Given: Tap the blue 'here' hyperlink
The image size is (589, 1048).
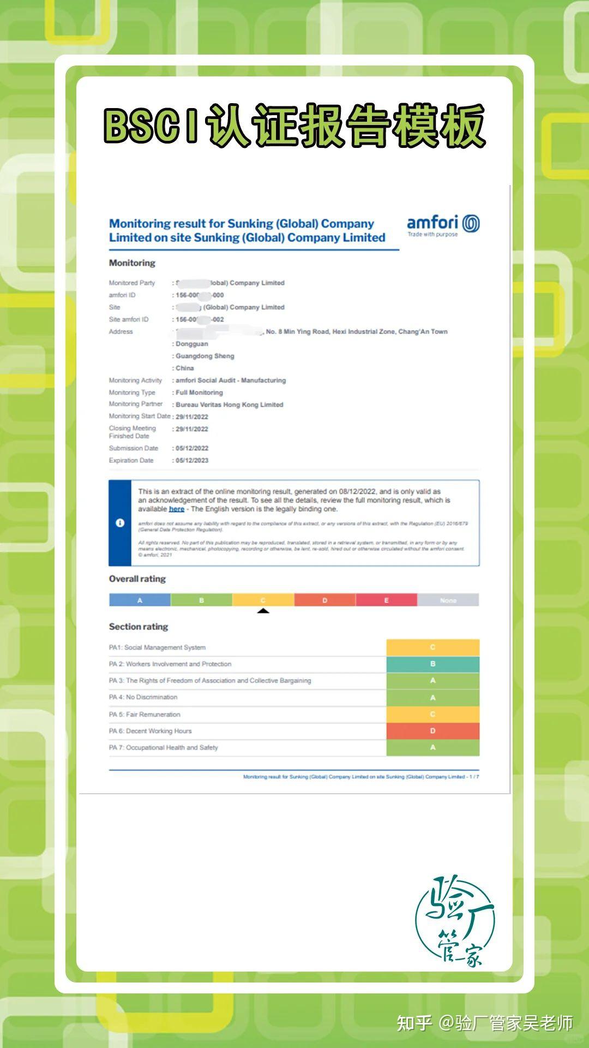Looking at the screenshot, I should [x=176, y=509].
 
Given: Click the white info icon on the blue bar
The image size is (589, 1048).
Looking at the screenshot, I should [x=120, y=523].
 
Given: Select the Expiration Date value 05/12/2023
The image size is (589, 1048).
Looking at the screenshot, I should [x=192, y=460].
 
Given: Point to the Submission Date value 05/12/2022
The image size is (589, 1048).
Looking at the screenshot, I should [x=192, y=448].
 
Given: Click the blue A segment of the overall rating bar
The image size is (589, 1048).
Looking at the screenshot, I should [x=140, y=600].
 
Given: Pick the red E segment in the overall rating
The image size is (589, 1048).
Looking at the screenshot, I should [x=386, y=600].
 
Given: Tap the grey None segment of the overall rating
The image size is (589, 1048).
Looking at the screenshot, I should [x=448, y=600].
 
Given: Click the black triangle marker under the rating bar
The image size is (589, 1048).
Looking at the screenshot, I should [x=263, y=611].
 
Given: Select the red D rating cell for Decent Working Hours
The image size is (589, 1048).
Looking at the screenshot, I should [x=432, y=731].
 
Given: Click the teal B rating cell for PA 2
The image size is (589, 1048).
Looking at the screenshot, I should [x=432, y=664].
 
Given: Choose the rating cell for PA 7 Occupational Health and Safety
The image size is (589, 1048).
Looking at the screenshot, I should [x=432, y=748].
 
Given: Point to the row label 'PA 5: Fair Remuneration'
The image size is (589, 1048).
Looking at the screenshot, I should [x=145, y=714].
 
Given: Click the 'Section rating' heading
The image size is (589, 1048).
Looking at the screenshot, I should [x=139, y=627].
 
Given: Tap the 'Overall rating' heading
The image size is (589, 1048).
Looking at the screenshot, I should [x=137, y=579].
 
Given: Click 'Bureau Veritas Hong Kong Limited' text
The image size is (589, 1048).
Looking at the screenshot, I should [x=229, y=405].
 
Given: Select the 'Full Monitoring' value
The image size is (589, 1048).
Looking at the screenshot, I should [x=199, y=392].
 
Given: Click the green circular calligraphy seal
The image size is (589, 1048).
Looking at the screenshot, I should [x=455, y=922].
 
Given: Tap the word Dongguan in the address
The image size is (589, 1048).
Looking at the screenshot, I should [x=191, y=344].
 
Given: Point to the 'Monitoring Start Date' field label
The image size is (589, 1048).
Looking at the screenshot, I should [x=140, y=416].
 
